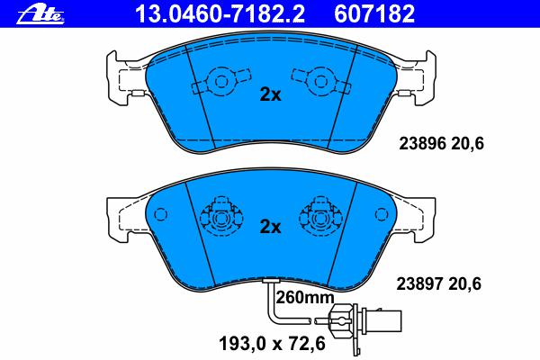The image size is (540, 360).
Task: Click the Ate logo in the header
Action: click(40, 14)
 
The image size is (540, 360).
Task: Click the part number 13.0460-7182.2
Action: click(220, 14)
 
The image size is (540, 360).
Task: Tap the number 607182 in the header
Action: click(374, 14)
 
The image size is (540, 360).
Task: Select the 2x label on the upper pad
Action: click(270, 94)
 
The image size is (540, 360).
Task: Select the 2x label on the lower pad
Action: click(270, 226)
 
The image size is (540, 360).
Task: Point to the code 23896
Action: click(423, 143)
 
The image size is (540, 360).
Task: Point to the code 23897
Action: click(419, 283)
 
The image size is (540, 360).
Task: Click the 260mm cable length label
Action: click(305, 297)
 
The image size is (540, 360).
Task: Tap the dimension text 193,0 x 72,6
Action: click(272, 344)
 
